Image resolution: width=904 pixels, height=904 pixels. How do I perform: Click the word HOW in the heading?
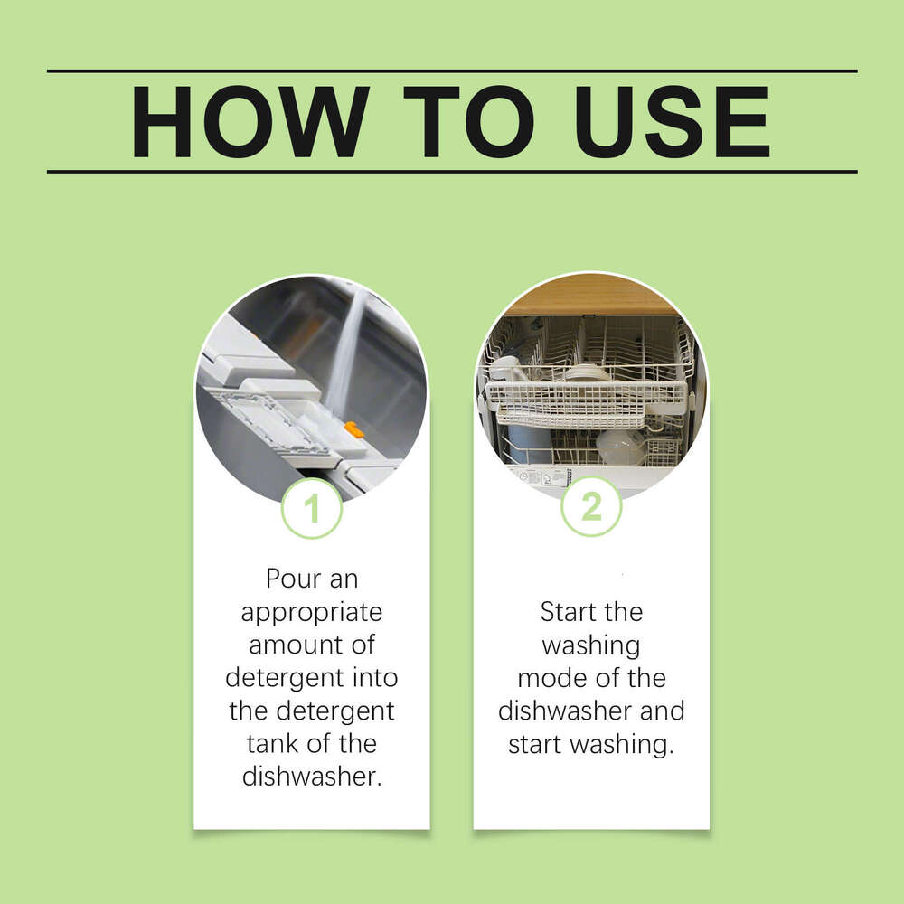pyautogui.click(x=249, y=122)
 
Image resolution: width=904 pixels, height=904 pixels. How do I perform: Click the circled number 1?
pyautogui.click(x=312, y=509)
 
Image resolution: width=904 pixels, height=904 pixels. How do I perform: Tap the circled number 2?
pyautogui.click(x=591, y=507)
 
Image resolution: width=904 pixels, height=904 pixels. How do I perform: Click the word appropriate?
pyautogui.click(x=312, y=612)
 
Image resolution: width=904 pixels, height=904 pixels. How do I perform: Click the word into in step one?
pyautogui.click(x=370, y=677)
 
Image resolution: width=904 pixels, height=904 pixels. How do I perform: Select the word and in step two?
pyautogui.click(x=663, y=711)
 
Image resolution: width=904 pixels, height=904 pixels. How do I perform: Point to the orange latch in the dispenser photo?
pyautogui.click(x=354, y=429)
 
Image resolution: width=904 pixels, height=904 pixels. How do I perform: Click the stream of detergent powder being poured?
pyautogui.click(x=348, y=344)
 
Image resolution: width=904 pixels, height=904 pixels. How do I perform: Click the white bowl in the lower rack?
pyautogui.click(x=621, y=447)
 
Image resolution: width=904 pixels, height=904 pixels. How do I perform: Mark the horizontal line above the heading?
pyautogui.click(x=452, y=71)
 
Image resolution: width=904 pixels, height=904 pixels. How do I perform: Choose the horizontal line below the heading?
pyautogui.click(x=452, y=171)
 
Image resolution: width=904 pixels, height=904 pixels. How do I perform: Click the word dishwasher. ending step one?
pyautogui.click(x=312, y=777)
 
